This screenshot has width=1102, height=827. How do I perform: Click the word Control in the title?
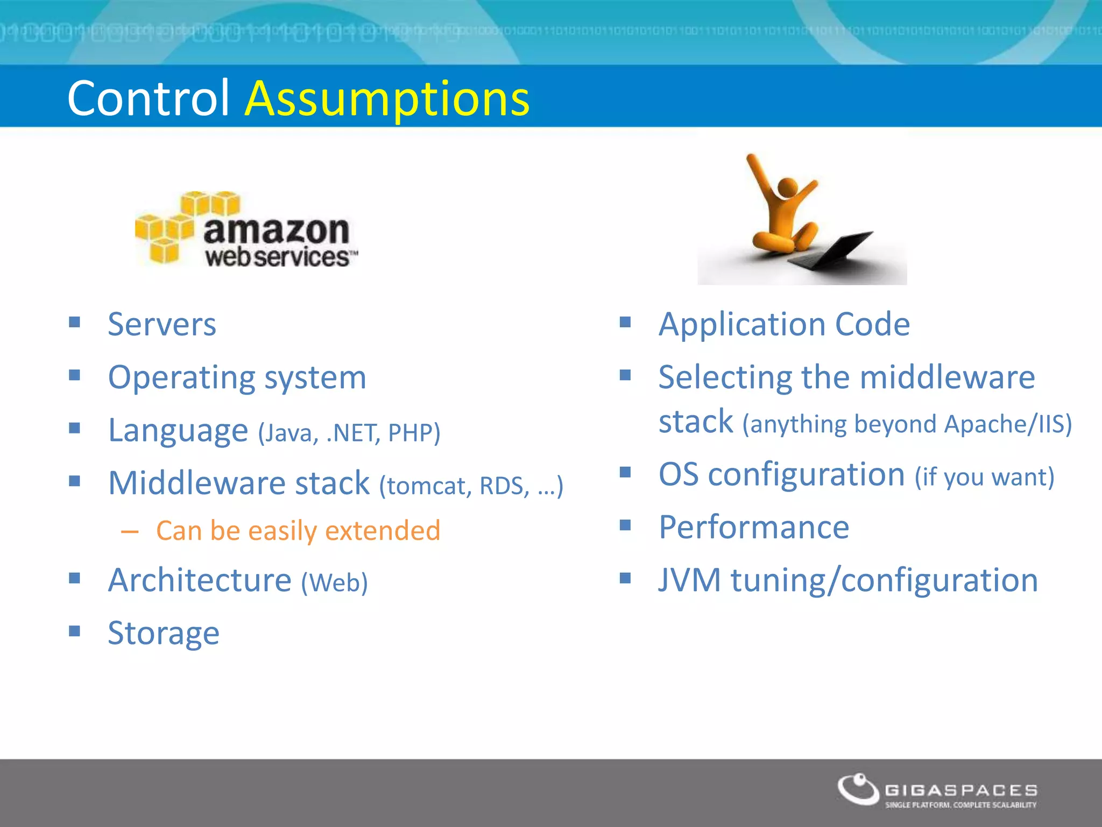tap(149, 98)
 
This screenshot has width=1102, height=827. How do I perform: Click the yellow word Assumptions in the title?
tap(387, 99)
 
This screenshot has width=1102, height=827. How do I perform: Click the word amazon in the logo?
tap(277, 230)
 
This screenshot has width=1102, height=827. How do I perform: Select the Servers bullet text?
tap(162, 325)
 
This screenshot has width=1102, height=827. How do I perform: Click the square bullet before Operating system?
tap(75, 375)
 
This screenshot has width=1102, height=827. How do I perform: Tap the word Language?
tap(178, 431)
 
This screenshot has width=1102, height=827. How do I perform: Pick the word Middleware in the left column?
tap(197, 483)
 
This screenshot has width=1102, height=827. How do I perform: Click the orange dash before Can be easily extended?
tap(130, 532)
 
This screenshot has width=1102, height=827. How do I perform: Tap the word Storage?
tap(164, 633)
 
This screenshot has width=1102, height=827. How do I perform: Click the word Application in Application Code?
tap(743, 325)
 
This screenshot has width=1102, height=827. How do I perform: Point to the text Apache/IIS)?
tap(1008, 424)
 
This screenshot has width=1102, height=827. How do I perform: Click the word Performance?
tap(754, 527)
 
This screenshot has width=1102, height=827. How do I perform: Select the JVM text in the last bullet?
tap(689, 580)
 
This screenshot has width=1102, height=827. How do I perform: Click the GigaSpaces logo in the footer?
tap(937, 791)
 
